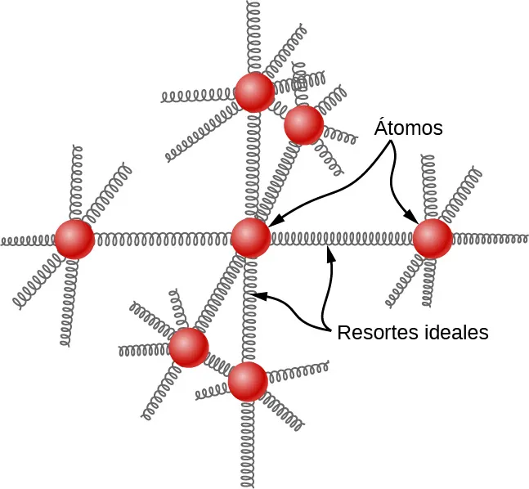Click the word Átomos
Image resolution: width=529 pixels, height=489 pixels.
point(409,128)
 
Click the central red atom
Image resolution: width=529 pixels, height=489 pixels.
point(250,238)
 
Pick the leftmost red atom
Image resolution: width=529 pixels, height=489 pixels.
point(74,240)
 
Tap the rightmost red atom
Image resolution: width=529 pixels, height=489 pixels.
point(433,239)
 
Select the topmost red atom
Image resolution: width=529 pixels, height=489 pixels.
point(254,92)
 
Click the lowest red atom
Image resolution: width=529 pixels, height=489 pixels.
point(248,381)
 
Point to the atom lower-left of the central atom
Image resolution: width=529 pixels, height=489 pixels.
point(189,347)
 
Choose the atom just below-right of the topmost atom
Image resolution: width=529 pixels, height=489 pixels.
point(303,124)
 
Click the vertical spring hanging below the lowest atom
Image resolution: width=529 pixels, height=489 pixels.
point(247,442)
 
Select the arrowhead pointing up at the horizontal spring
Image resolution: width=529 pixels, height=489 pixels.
point(330,253)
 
